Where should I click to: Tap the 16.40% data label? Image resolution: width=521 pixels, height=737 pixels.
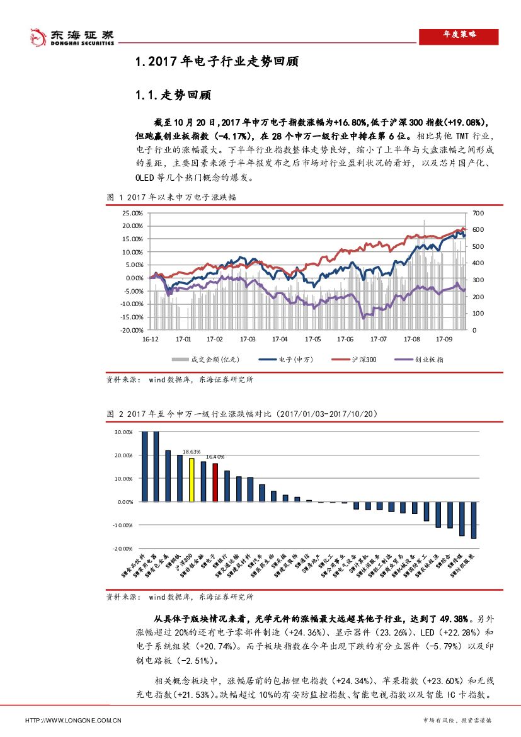216,457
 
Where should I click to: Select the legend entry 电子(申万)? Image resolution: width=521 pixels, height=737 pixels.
295,360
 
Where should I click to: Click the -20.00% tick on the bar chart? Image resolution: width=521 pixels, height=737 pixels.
122,549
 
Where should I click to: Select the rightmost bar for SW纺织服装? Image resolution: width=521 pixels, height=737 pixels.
474,520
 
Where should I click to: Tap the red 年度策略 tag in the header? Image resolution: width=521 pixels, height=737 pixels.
459,36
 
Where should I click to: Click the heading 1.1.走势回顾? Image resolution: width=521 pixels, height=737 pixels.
173,96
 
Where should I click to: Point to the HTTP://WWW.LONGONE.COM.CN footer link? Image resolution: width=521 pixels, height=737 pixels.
73,719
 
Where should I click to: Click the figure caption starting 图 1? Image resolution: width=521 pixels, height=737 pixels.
172,198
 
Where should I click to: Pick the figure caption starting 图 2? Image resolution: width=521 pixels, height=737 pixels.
242,414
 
